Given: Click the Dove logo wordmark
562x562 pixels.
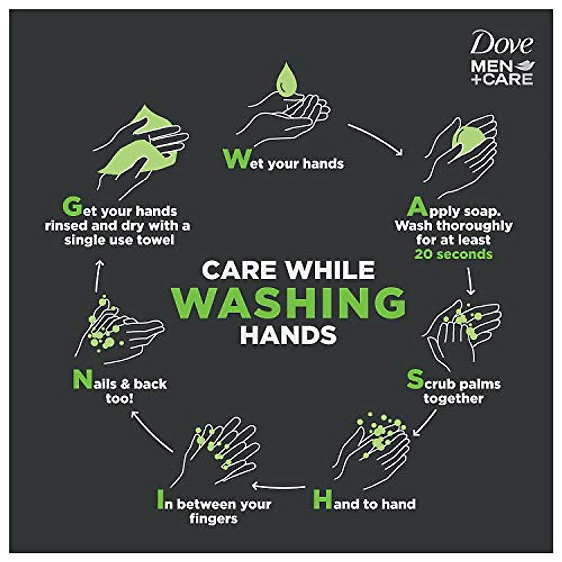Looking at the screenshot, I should click(x=501, y=44).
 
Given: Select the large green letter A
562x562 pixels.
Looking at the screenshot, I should click(x=418, y=207).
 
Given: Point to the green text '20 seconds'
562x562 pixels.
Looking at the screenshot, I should click(x=453, y=254).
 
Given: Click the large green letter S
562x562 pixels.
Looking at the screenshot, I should click(x=415, y=380).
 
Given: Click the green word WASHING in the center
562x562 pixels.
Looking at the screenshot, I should click(x=288, y=302).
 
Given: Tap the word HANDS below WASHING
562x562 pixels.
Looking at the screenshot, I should click(x=288, y=335).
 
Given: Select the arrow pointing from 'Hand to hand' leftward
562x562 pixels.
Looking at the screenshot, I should click(x=279, y=486).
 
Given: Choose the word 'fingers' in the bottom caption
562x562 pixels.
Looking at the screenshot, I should click(x=214, y=519).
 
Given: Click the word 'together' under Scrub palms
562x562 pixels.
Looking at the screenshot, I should click(x=453, y=399).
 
